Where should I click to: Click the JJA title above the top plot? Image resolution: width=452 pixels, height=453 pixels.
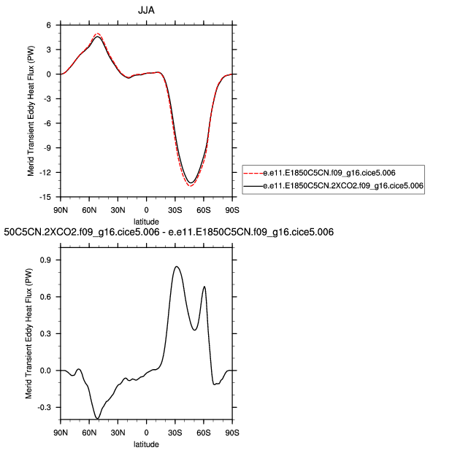click(146, 11)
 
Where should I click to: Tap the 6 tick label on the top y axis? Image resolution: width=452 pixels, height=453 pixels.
click(48, 25)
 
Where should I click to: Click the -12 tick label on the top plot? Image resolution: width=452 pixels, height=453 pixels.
click(44, 172)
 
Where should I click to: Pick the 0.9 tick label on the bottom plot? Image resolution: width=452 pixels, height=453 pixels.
click(45, 259)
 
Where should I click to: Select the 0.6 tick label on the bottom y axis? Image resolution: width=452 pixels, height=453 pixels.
click(45, 296)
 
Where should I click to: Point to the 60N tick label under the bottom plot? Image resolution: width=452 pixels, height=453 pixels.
click(89, 433)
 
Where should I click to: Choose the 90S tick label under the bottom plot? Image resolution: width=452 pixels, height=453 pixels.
click(232, 433)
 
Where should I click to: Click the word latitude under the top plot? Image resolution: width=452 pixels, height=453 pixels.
click(146, 220)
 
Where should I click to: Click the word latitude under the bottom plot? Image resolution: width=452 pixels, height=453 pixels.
click(146, 443)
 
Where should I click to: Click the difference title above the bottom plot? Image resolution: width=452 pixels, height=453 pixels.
click(169, 233)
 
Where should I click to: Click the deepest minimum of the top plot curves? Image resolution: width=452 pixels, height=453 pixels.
click(191, 185)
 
